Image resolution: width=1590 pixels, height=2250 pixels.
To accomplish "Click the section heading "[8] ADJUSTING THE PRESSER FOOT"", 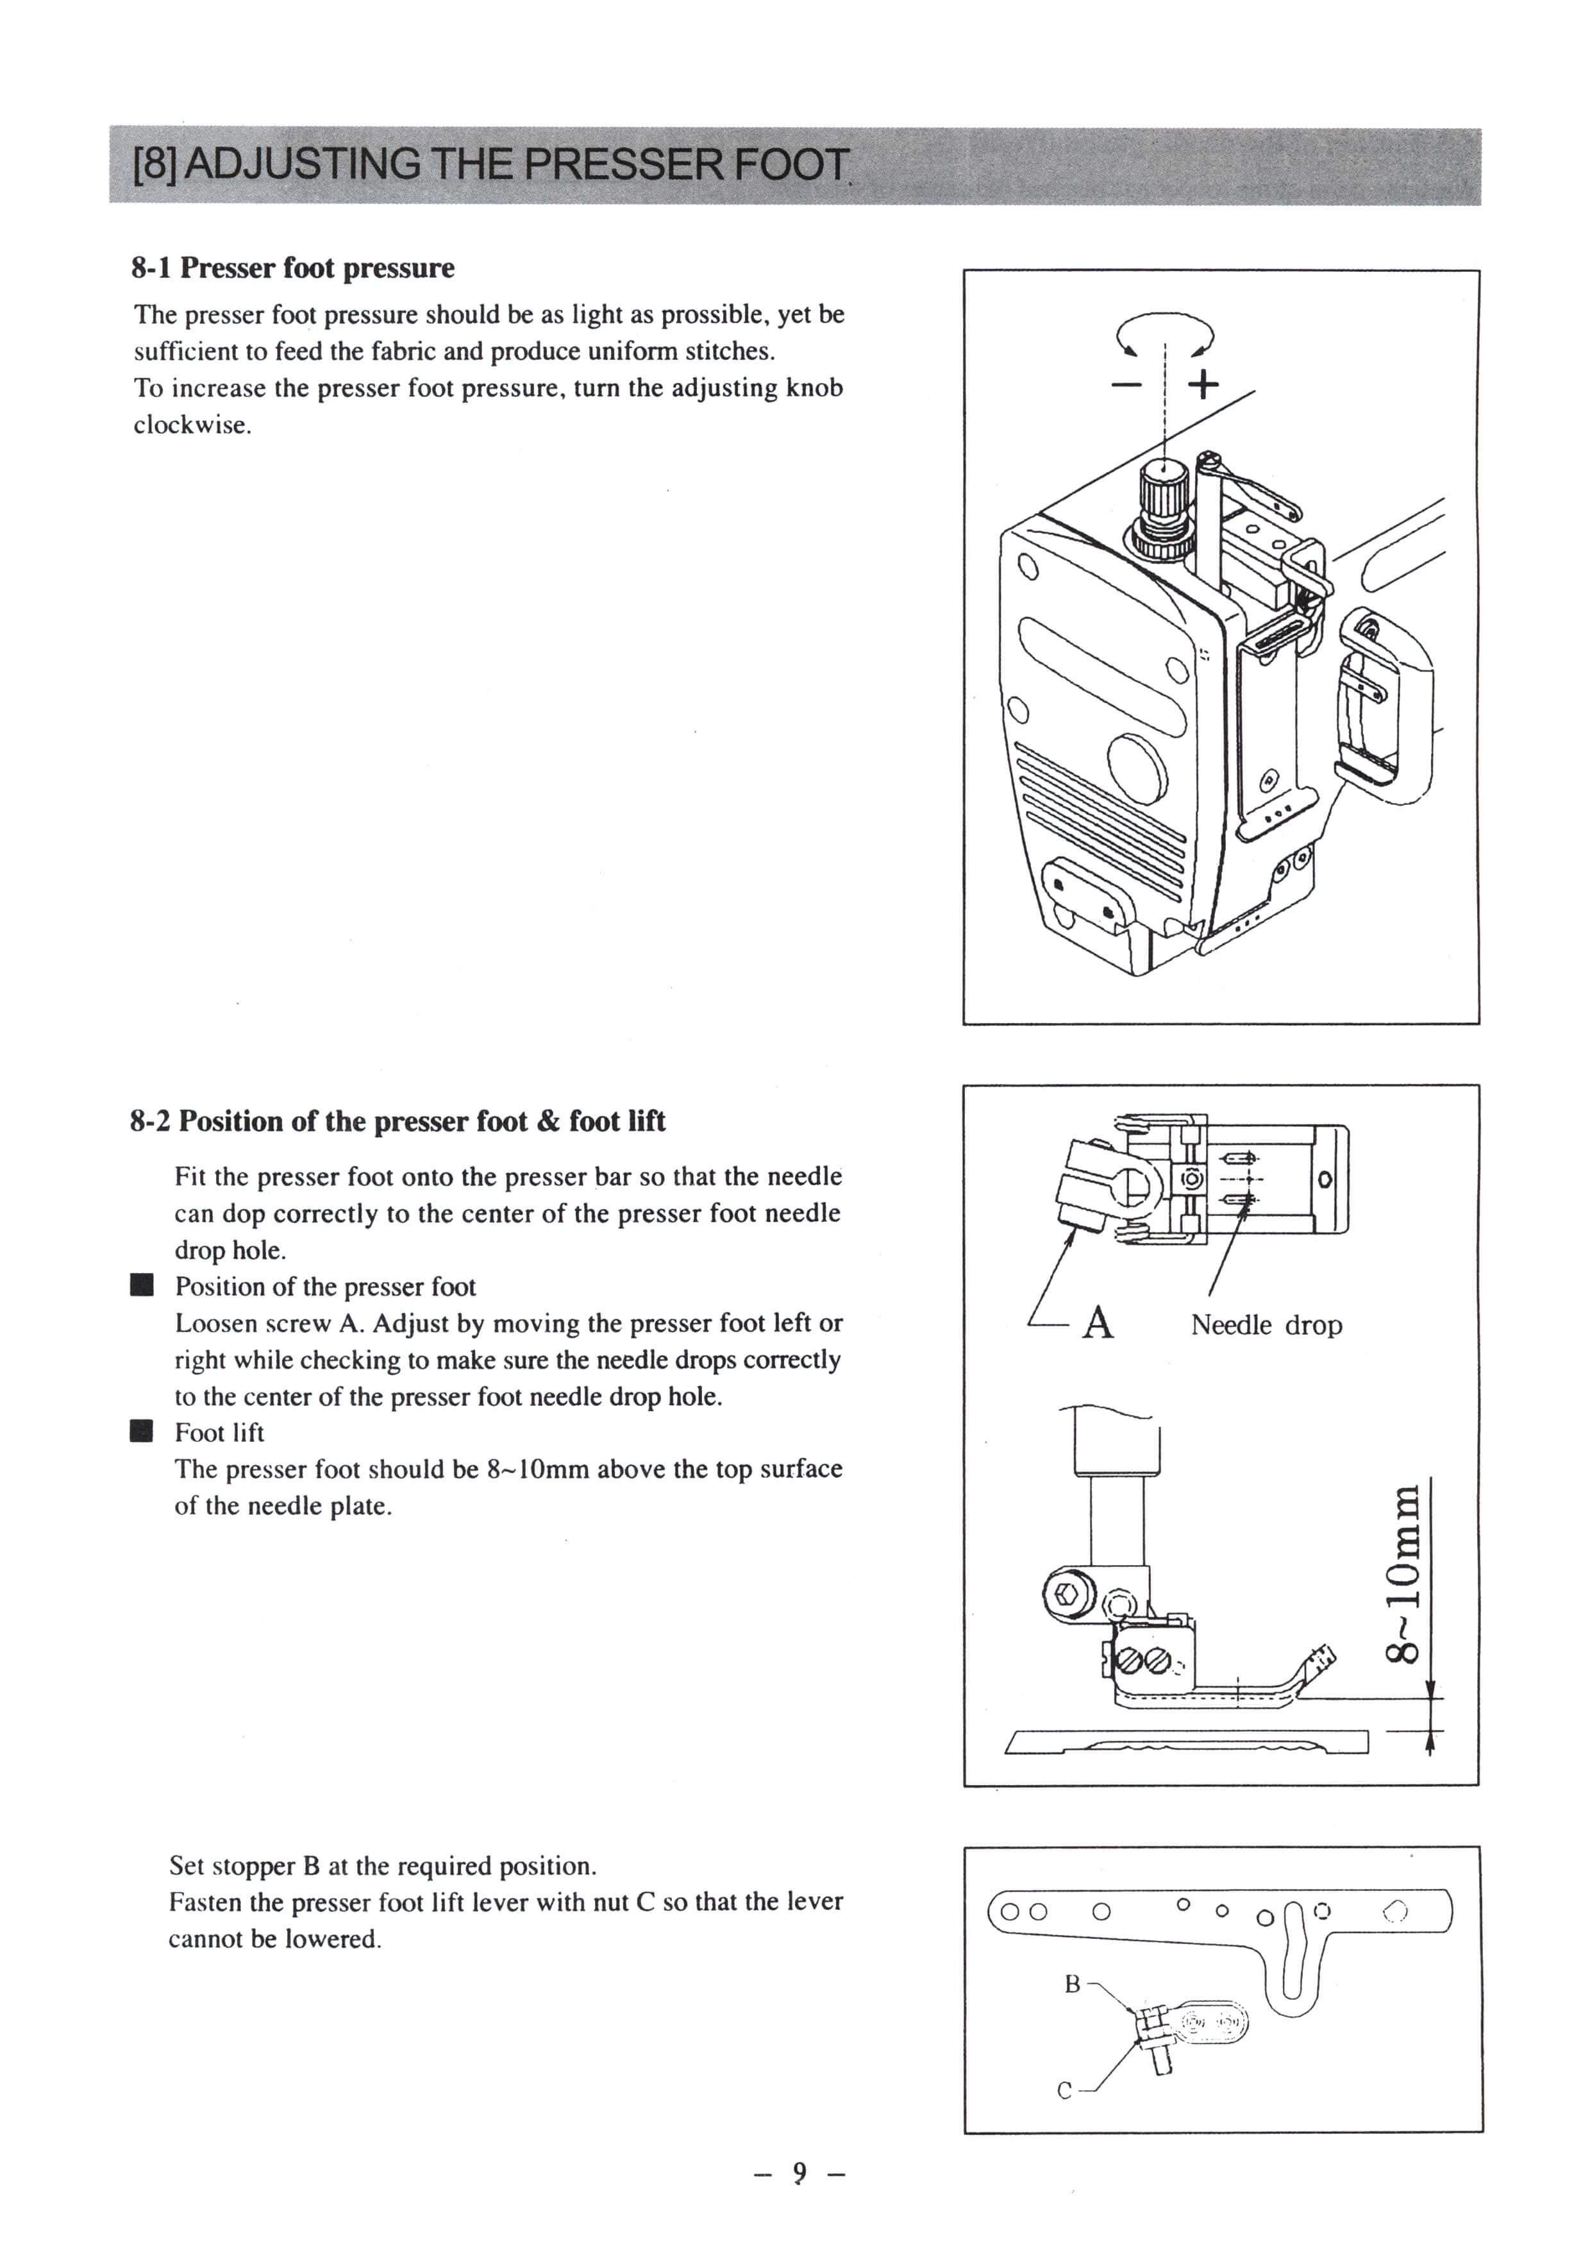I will [x=490, y=165].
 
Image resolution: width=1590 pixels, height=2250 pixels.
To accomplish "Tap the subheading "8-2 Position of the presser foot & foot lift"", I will [x=397, y=1121].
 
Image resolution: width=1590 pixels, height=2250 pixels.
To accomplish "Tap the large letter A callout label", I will [x=1099, y=1323].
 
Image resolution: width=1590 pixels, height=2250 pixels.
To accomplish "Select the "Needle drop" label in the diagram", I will [x=1266, y=1325].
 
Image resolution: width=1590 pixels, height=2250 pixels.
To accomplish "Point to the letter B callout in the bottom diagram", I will [x=1072, y=1984].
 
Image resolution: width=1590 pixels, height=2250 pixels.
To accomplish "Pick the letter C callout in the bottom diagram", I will [x=1065, y=2091].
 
